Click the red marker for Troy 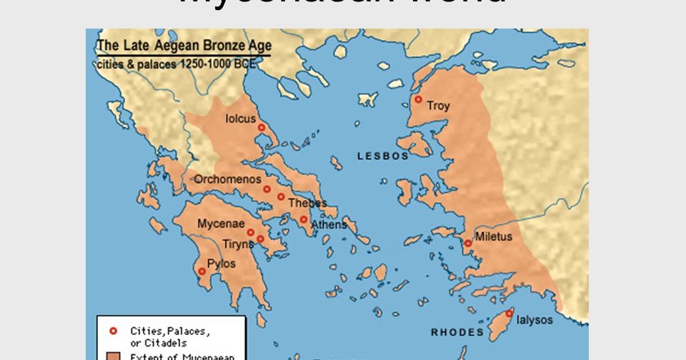(x=418, y=99)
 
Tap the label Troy (x=438, y=106)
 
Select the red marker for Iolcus (x=262, y=127)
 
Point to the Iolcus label (x=240, y=119)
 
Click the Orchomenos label (x=227, y=179)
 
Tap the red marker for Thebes (x=281, y=196)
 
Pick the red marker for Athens (x=303, y=219)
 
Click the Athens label (x=328, y=224)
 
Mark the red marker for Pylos (x=202, y=271)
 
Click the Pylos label (x=221, y=264)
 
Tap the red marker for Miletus (x=467, y=243)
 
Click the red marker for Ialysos (x=509, y=314)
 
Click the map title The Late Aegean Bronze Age (x=184, y=46)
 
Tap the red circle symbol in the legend (x=112, y=330)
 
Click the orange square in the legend (x=112, y=355)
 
